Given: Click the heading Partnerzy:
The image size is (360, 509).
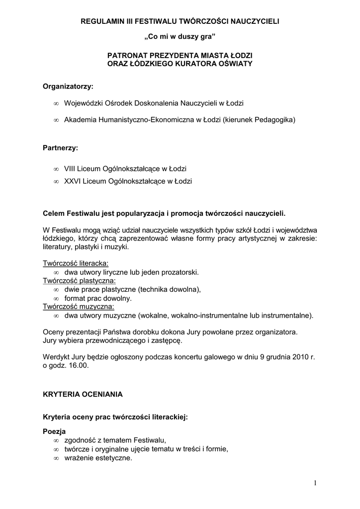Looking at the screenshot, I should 61,148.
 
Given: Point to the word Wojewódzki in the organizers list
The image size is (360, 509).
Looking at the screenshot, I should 83,103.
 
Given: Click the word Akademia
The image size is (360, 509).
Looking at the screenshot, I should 80,120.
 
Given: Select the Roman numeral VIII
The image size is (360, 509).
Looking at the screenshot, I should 71,169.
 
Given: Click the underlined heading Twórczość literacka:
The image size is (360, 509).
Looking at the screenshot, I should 76,263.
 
